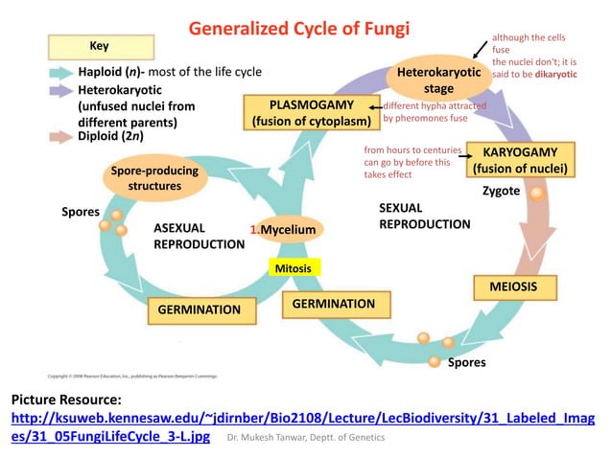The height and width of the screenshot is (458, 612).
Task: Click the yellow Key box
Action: [99, 45]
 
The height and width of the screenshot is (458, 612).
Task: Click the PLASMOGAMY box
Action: [312, 112]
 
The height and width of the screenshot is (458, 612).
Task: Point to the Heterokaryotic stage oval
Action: [439, 80]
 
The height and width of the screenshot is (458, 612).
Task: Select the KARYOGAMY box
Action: [520, 161]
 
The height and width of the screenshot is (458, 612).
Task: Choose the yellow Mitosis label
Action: [293, 268]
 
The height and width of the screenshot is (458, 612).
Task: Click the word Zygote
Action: [501, 191]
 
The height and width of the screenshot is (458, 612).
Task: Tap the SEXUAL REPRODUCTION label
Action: [424, 216]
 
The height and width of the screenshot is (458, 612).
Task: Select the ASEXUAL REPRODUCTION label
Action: [199, 237]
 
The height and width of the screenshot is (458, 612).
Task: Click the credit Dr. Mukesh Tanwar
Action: [305, 437]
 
